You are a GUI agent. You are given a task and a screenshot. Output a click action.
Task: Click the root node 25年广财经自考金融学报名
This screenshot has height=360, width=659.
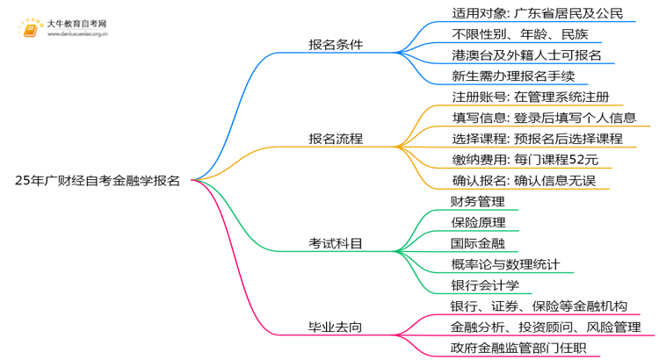coord(98,181)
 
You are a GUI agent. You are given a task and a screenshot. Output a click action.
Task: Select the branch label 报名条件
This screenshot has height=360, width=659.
coord(336,45)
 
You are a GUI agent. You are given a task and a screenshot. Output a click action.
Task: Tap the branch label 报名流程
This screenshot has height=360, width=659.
coord(336,139)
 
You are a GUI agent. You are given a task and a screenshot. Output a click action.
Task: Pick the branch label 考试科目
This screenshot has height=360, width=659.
coord(336,243)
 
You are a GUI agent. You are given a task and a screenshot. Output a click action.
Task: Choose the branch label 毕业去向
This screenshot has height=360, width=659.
coord(336,328)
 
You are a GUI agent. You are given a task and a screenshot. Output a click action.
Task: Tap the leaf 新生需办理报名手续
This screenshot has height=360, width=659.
coord(507,76)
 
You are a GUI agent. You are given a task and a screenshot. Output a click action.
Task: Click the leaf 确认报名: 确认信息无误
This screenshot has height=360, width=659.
coord(519,181)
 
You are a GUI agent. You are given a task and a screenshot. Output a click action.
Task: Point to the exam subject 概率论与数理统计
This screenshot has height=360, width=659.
coord(503,264)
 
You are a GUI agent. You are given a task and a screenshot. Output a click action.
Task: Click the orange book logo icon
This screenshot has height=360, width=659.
coord(31,29)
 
